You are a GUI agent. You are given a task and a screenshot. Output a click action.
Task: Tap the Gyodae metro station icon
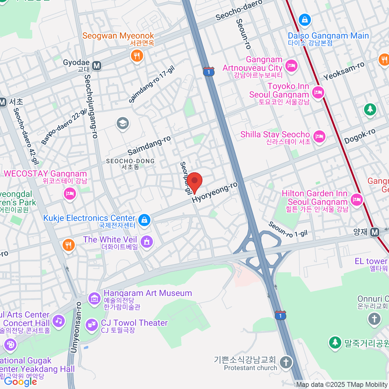pyautogui.click(x=97, y=66)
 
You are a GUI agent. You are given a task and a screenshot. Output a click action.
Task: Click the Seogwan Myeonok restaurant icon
pyautogui.click(x=137, y=55)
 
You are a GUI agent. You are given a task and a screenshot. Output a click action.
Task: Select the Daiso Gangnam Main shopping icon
pyautogui.click(x=305, y=20)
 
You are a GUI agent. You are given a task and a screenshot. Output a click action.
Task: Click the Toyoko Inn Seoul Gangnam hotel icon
pyautogui.click(x=318, y=92)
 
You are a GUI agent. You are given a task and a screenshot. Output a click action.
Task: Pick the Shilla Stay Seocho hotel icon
pyautogui.click(x=319, y=136)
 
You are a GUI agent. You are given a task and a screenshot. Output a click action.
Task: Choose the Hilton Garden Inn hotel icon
pyautogui.click(x=356, y=199)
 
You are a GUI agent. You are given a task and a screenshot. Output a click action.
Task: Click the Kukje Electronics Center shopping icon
pyautogui.click(x=144, y=220)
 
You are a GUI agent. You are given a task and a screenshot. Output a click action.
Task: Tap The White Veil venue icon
pyautogui.click(x=147, y=241)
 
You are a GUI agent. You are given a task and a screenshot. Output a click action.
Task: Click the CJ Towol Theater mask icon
pyautogui.click(x=92, y=324)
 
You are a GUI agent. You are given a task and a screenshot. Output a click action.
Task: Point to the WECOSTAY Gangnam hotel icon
pyautogui.click(x=70, y=194)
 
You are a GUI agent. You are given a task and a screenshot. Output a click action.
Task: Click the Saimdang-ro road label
pyautogui.click(x=149, y=146)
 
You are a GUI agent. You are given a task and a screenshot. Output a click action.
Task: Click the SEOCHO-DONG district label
pyautogui.click(x=130, y=161)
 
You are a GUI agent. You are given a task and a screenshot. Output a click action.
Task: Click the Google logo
pyautogui.click(x=20, y=382)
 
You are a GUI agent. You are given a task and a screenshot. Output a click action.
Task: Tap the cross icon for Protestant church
pyautogui.click(x=286, y=362)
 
